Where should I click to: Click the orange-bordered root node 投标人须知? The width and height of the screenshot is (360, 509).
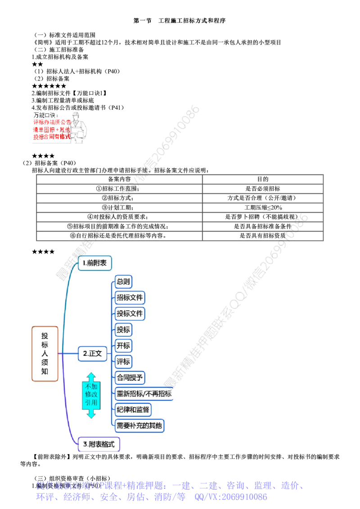pos(45,353)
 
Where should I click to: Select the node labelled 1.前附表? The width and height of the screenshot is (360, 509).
pos(94,263)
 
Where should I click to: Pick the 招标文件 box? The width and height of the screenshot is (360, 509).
pos(130,298)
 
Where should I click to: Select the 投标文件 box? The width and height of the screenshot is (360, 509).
pos(130,313)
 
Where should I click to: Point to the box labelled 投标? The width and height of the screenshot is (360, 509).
pos(124,330)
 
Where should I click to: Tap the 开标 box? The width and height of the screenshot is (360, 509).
pos(124,345)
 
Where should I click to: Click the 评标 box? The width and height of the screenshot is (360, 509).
pos(124,361)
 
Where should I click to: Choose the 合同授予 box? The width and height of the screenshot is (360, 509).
pos(131,377)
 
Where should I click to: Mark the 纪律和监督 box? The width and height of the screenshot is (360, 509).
pos(134,409)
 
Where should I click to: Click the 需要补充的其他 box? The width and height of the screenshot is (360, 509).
pos(140,424)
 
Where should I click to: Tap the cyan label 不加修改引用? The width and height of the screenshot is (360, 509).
pos(91,395)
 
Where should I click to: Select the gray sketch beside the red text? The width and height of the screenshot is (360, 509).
pos(80,128)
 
